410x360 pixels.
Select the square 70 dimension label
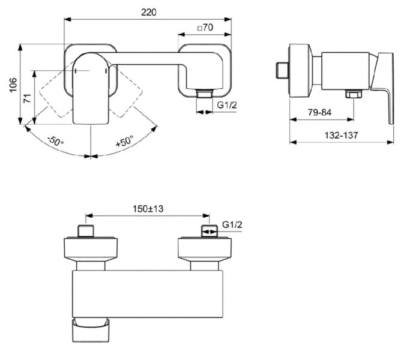tap(205, 27)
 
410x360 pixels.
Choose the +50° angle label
tap(124, 143)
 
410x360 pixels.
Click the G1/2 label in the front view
tap(228, 105)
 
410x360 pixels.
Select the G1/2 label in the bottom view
tap(232, 224)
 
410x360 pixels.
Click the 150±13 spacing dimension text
tap(148, 209)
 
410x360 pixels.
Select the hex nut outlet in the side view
tap(352, 95)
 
